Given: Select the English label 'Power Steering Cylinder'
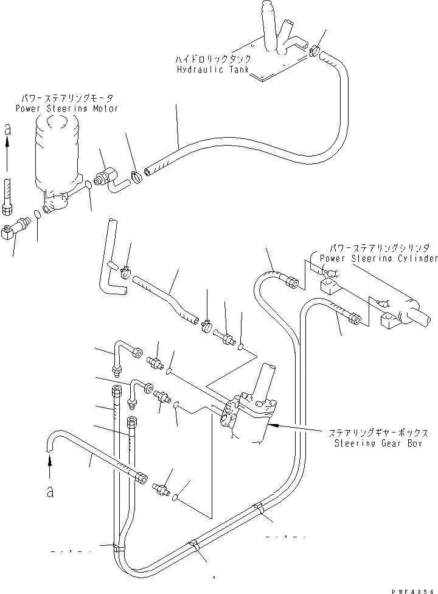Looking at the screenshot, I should tap(378, 258).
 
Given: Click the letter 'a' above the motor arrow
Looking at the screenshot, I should tap(7, 129).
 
